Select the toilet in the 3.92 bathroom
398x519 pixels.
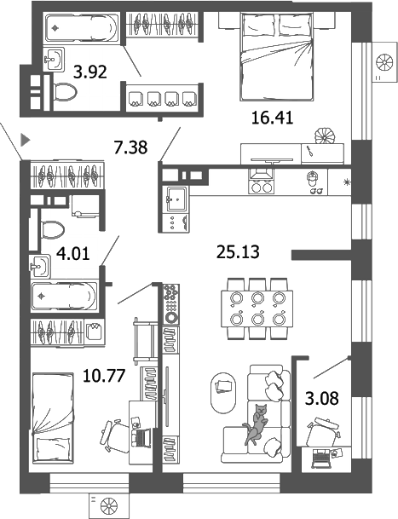(x=63, y=90)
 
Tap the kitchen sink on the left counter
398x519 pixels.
(x=177, y=201)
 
